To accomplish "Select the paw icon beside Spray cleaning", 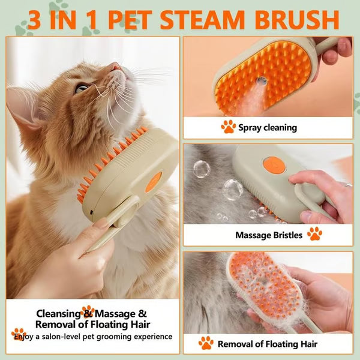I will click(228, 127).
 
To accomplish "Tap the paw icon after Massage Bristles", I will click(314, 234).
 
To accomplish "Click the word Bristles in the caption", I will click(285, 235).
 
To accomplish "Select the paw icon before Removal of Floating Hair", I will click(206, 343).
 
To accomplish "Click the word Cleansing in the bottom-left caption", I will click(58, 313).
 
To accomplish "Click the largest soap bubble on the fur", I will click(232, 189).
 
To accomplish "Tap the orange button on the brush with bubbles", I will click(272, 163).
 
